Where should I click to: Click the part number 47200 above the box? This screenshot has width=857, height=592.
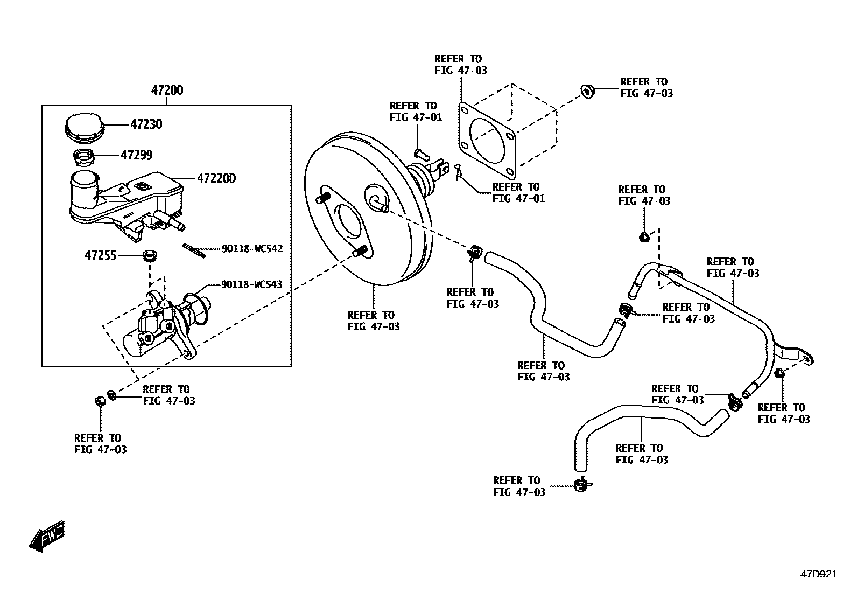(167, 90)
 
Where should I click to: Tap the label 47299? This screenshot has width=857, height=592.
(136, 155)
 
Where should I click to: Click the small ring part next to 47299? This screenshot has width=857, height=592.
(84, 157)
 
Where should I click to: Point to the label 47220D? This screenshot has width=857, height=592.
(216, 178)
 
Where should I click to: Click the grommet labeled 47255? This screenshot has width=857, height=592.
(149, 255)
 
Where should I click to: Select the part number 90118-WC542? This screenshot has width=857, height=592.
(252, 249)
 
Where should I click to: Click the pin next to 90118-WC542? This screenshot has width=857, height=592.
(194, 250)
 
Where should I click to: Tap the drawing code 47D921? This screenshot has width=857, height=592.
(818, 574)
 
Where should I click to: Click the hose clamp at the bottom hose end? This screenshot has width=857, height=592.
(582, 485)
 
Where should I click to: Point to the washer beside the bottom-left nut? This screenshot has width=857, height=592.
(111, 395)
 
